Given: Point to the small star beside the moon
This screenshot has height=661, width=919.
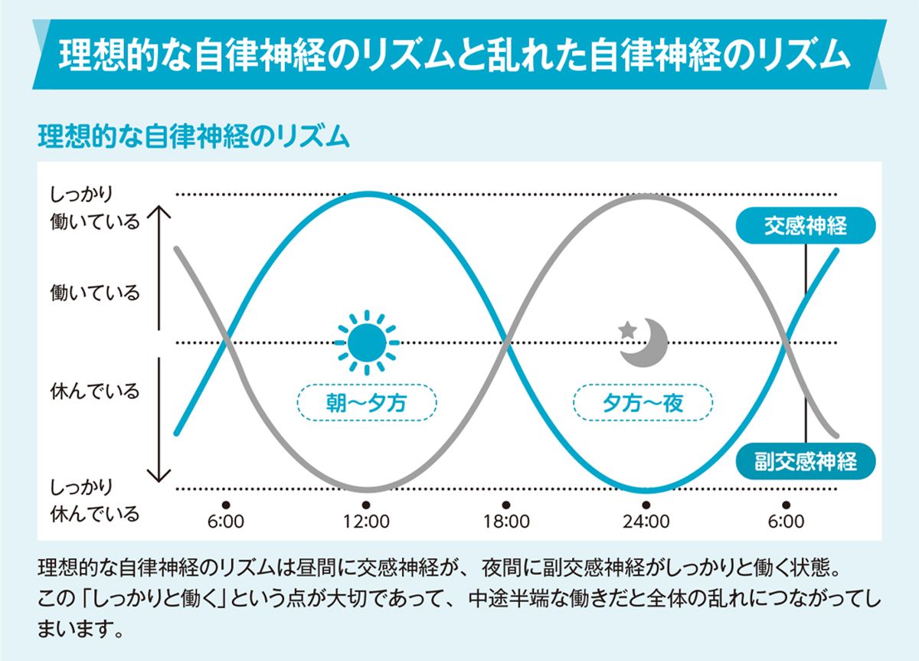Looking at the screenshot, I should point(628,329).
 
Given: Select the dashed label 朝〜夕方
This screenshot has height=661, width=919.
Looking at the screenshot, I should point(366,402).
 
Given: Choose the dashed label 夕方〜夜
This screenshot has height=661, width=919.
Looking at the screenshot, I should point(643,402).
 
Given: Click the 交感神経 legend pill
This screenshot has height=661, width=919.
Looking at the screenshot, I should point(805,226).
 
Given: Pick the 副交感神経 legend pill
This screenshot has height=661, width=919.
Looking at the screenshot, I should point(805,462).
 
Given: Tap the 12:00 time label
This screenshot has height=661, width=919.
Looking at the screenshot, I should point(366,522).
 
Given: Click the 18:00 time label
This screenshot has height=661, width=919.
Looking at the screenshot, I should point(506,522).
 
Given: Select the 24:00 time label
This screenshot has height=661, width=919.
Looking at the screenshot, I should point(646,522).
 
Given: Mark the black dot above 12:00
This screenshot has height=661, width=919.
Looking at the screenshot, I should point(366,505).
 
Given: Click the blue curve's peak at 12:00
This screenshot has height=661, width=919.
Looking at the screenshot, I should point(366,195).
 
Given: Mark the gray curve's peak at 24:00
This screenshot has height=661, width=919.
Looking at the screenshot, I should point(646,195).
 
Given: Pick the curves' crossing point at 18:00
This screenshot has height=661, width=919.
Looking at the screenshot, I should point(506,342).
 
